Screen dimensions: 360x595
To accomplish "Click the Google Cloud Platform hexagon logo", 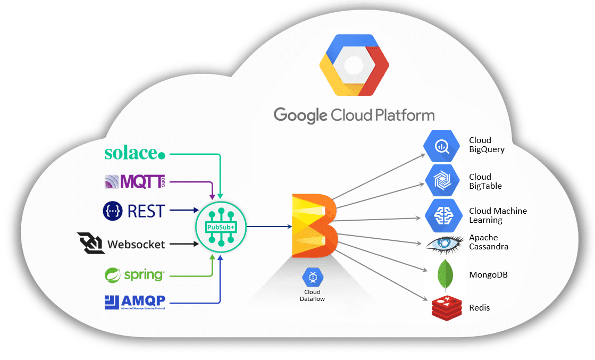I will click(x=354, y=65).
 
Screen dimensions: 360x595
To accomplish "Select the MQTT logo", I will click(x=135, y=181).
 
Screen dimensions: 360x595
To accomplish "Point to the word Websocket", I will click(x=136, y=245).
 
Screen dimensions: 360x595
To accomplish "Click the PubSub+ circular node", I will click(x=220, y=227).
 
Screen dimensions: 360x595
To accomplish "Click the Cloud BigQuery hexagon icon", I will click(x=442, y=146).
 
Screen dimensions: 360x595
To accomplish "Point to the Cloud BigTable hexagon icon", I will click(x=442, y=181).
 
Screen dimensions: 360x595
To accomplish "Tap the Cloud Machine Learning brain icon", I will click(x=442, y=215).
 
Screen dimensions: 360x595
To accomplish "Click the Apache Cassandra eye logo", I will click(x=445, y=244).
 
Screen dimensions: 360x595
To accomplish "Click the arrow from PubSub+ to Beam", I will click(x=269, y=227).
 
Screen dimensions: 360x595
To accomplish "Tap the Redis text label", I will click(x=480, y=308).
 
